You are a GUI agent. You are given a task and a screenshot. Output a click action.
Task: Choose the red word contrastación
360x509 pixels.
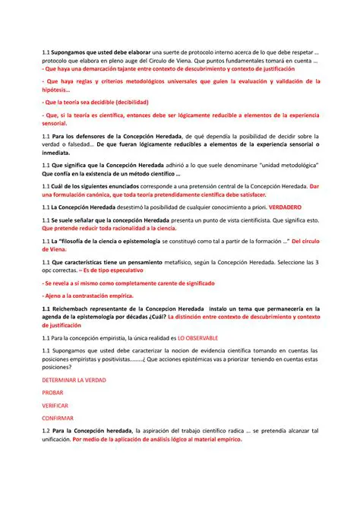tap(85, 296)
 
